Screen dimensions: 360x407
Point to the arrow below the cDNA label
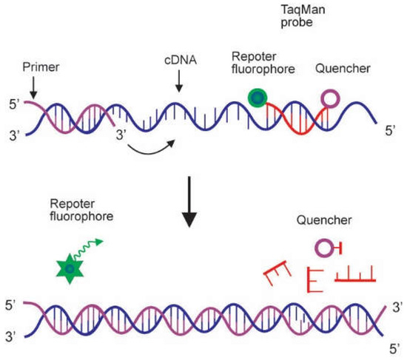(x=178, y=84)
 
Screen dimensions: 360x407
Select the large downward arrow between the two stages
(x=189, y=203)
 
